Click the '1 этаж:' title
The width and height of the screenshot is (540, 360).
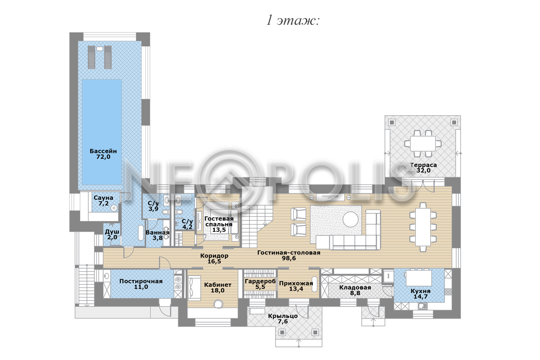click(293, 21)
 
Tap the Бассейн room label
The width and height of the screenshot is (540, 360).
click(103, 151)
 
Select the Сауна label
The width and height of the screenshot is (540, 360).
click(103, 198)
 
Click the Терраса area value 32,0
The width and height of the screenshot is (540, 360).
click(423, 171)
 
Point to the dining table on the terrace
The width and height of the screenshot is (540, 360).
click(423, 144)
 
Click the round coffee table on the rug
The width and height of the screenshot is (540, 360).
click(351, 219)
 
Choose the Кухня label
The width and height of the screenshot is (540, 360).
click(420, 291)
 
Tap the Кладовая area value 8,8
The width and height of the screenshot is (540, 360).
click(355, 293)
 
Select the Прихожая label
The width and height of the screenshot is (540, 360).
click(296, 283)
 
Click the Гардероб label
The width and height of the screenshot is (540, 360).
click(260, 281)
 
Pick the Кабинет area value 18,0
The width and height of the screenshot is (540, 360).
click(218, 290)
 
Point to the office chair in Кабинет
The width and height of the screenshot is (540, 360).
click(218, 304)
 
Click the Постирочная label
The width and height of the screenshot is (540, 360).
click(141, 281)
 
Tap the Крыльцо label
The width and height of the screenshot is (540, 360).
click(283, 316)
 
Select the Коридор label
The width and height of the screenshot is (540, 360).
click(214, 256)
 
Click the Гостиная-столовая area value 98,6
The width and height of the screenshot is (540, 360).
click(289, 258)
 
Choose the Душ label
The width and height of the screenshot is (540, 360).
click(112, 232)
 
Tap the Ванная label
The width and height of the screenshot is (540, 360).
click(157, 233)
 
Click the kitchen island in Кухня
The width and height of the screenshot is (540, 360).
click(419, 278)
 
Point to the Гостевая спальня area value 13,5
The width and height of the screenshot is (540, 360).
click(219, 230)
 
